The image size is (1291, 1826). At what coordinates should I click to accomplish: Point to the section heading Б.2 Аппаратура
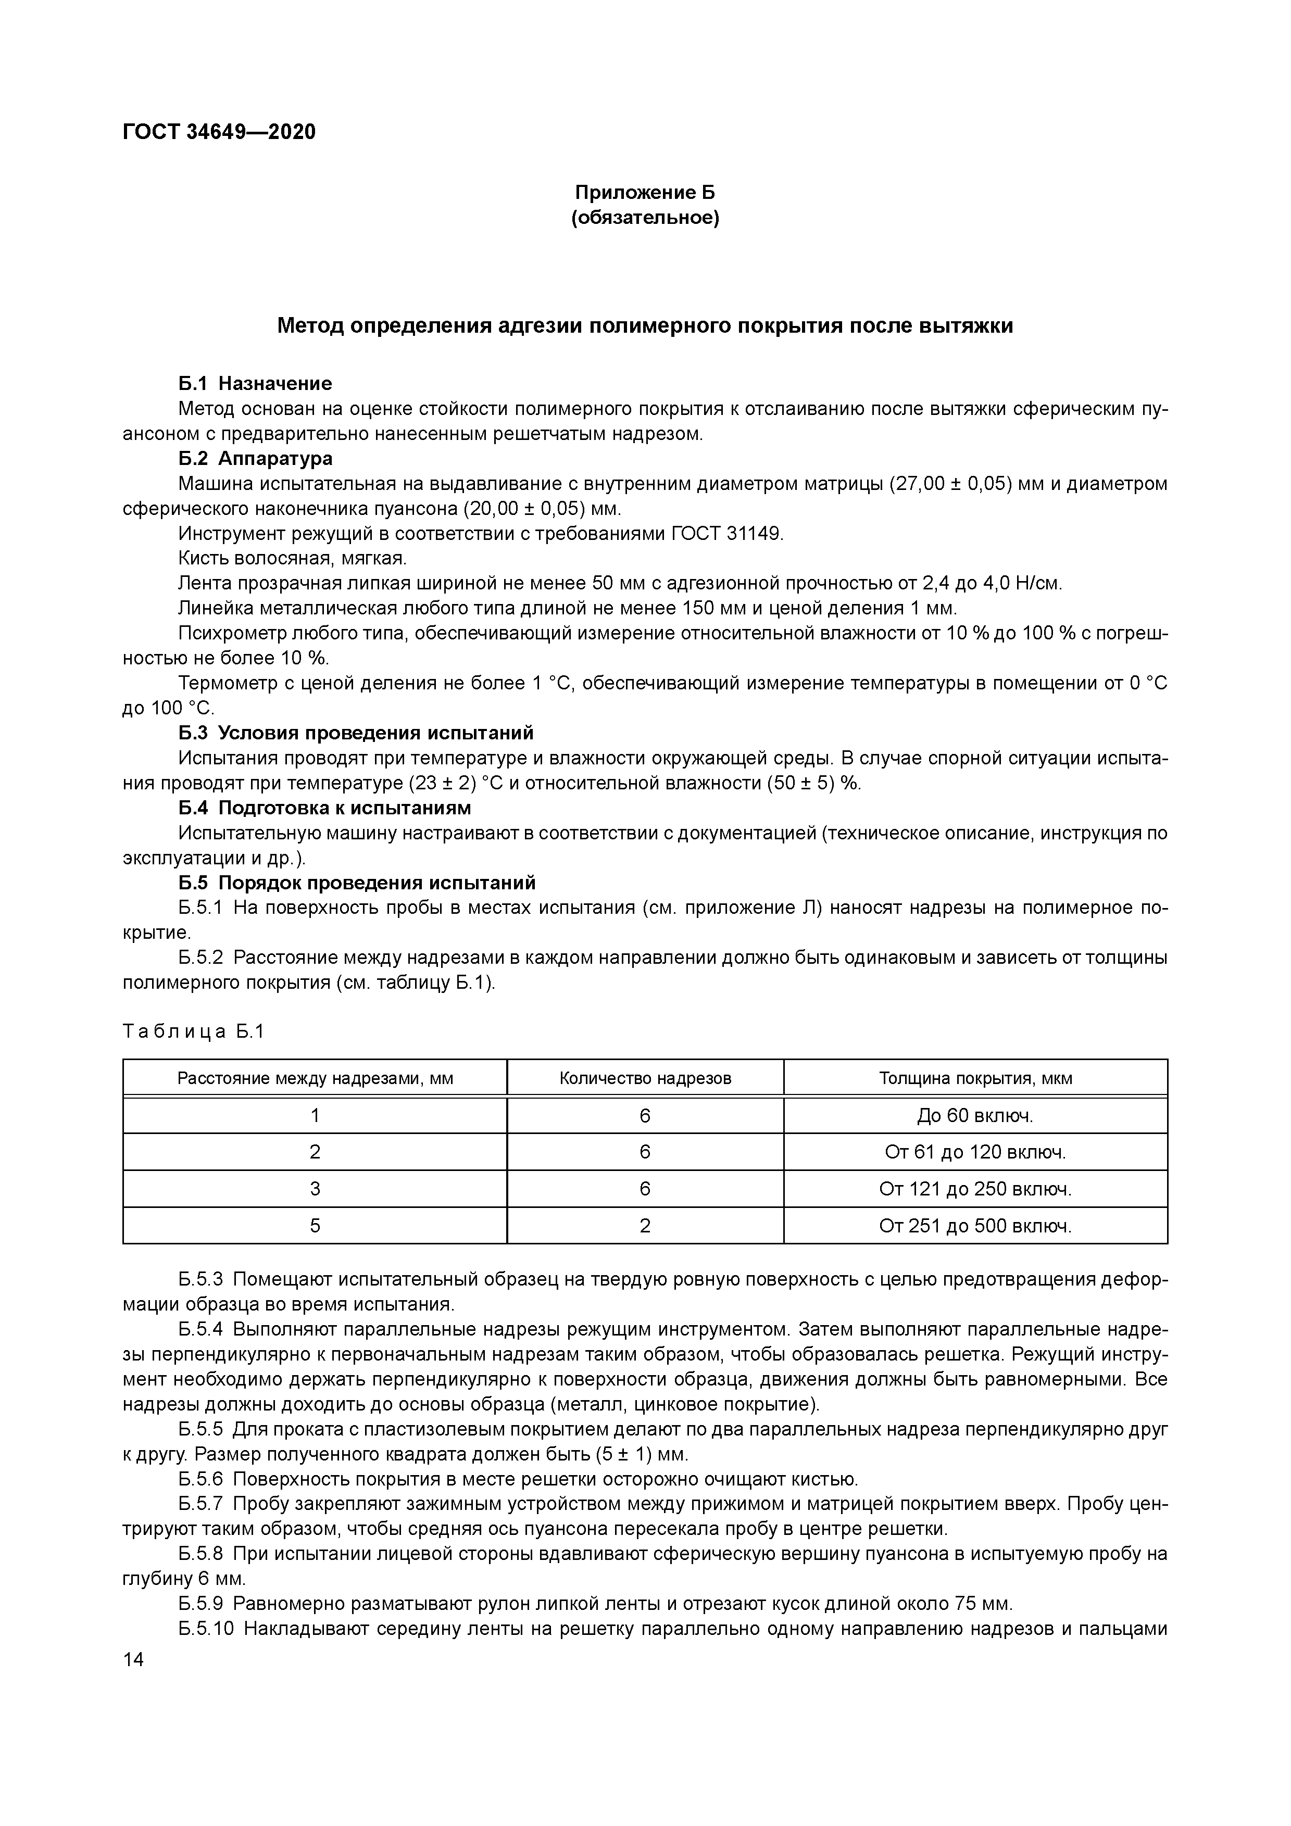pos(255,458)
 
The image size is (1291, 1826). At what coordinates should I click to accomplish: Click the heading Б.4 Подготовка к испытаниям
pos(324,808)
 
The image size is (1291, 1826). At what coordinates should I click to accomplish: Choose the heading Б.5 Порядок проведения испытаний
pos(356,883)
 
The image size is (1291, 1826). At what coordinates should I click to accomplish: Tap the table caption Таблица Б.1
pos(193,1031)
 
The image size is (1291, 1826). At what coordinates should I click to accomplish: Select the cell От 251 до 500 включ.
pos(975,1226)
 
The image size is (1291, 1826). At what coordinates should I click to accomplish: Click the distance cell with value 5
pos(315,1226)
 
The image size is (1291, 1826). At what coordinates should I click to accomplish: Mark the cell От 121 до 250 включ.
pos(975,1189)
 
